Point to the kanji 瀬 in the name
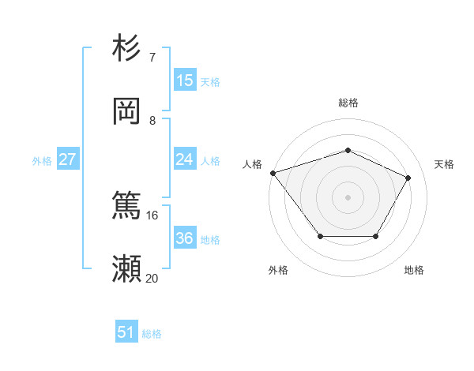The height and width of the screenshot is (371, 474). pyautogui.click(x=127, y=269)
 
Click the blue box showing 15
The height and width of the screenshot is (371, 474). pyautogui.click(x=185, y=80)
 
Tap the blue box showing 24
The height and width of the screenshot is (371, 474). pyautogui.click(x=185, y=159)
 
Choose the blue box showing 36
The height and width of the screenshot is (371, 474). pyautogui.click(x=185, y=238)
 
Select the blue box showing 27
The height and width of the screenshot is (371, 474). pyautogui.click(x=67, y=159)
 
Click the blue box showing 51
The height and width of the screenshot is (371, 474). pyautogui.click(x=126, y=332)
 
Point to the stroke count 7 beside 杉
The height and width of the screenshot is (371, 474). pyautogui.click(x=152, y=57)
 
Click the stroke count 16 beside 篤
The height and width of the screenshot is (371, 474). pyautogui.click(x=152, y=215)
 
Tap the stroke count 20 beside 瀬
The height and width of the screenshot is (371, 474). pyautogui.click(x=152, y=278)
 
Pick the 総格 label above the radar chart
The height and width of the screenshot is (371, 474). pyautogui.click(x=348, y=103)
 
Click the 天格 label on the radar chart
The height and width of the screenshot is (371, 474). pyautogui.click(x=445, y=164)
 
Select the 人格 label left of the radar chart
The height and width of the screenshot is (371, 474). pyautogui.click(x=252, y=164)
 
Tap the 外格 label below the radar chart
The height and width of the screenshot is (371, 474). pyautogui.click(x=277, y=270)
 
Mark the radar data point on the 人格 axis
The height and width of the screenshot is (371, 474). pyautogui.click(x=273, y=173)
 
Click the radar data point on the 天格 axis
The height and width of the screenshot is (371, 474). pyautogui.click(x=408, y=178)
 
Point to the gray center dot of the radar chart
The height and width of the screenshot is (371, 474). pyautogui.click(x=348, y=197)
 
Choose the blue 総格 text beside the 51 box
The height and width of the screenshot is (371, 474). pyautogui.click(x=152, y=334)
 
